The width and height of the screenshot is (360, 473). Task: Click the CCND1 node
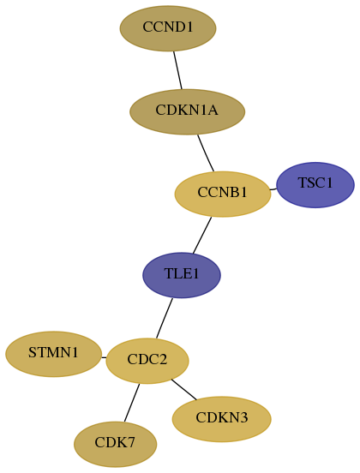[x=168, y=28]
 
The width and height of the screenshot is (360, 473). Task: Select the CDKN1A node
[x=187, y=111]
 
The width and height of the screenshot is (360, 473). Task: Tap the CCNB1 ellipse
[x=223, y=195]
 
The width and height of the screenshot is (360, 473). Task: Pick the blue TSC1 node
[x=315, y=185]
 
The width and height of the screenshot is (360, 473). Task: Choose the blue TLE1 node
[x=182, y=275]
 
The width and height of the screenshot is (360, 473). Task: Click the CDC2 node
[x=147, y=361]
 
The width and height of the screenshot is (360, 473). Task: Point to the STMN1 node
[x=53, y=354]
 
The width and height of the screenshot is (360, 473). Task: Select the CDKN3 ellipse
[x=221, y=419]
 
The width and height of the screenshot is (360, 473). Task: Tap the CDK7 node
[x=115, y=445]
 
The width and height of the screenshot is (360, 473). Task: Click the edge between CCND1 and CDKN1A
[x=177, y=70]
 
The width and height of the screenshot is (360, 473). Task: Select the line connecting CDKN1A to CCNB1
[x=206, y=153]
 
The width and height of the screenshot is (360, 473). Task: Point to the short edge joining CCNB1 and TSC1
[x=273, y=189]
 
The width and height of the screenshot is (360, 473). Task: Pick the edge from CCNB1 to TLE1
[x=202, y=236]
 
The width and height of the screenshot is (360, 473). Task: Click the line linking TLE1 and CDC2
[x=165, y=318]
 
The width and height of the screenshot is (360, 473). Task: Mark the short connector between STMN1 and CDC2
[x=104, y=358]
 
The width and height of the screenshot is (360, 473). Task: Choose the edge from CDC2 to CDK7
[x=132, y=403]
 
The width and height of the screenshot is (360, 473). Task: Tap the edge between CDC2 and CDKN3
[x=184, y=389]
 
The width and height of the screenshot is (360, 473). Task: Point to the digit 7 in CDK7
[x=131, y=443]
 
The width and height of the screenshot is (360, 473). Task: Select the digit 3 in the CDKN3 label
[x=243, y=418]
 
